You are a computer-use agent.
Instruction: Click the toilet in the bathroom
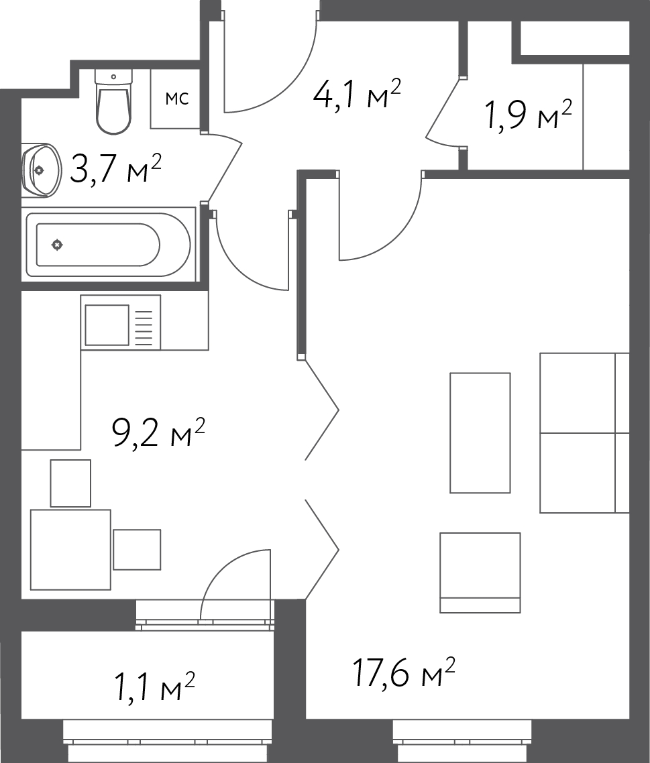point(113,101)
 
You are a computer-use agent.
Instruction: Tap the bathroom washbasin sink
point(42,170)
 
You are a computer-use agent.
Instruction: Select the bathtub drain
point(57,245)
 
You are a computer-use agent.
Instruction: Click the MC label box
point(176,99)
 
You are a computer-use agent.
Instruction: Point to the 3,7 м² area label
point(115,168)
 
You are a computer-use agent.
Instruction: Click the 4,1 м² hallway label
point(356,94)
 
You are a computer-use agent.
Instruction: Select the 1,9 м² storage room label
point(529,115)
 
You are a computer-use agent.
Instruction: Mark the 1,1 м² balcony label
point(154,686)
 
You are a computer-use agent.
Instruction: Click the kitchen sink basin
point(107,325)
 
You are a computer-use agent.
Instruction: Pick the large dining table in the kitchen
point(70,550)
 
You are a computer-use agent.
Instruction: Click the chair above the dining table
point(70,483)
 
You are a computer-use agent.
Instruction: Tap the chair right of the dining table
point(138,550)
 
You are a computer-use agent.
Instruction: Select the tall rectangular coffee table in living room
point(480,433)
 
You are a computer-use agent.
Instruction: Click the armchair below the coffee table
point(480,573)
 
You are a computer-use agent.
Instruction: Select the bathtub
point(108,245)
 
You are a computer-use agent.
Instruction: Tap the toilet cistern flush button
point(113,77)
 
